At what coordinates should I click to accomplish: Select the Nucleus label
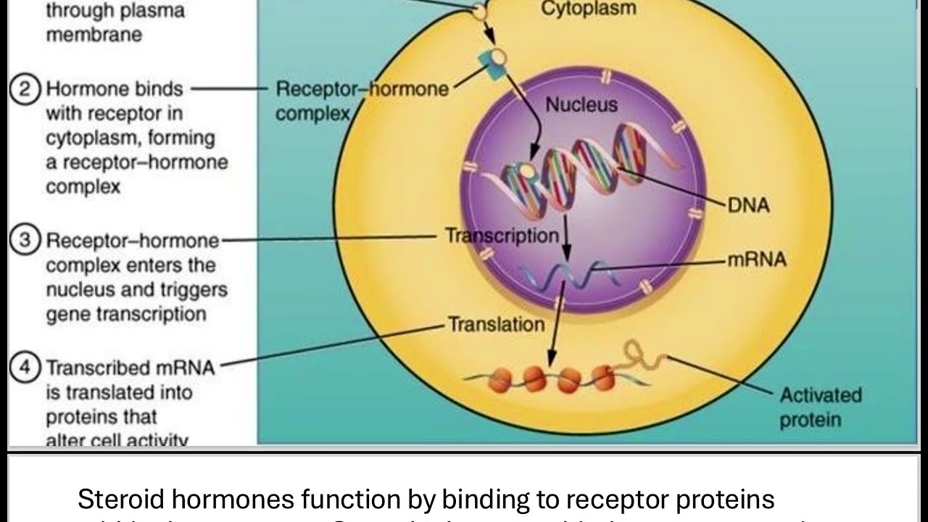(x=581, y=104)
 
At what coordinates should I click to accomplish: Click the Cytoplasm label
(x=589, y=9)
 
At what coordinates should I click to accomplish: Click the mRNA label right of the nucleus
(x=756, y=260)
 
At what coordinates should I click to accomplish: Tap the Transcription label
(x=502, y=236)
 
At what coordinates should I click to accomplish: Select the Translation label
(x=496, y=324)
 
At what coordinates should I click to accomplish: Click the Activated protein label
(x=820, y=407)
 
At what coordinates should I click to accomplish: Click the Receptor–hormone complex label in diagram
(x=361, y=101)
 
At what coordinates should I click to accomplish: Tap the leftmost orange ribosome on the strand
(x=501, y=378)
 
